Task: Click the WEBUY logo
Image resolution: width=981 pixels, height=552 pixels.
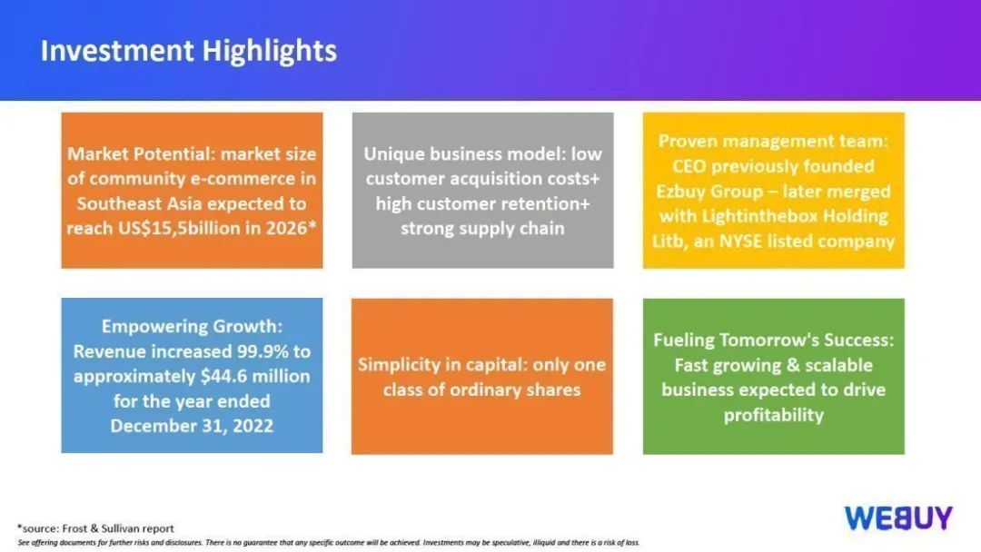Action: [x=898, y=518]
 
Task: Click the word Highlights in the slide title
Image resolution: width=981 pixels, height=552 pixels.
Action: [x=269, y=51]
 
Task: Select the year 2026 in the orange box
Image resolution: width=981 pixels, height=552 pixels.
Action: [x=286, y=228]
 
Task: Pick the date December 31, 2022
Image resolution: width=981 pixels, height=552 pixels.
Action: [x=192, y=426]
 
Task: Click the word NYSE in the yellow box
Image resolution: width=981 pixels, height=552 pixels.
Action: [x=742, y=241]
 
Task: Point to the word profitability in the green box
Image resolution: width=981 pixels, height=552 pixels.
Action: [x=773, y=415]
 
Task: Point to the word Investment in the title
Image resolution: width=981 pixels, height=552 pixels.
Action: [x=117, y=51]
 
